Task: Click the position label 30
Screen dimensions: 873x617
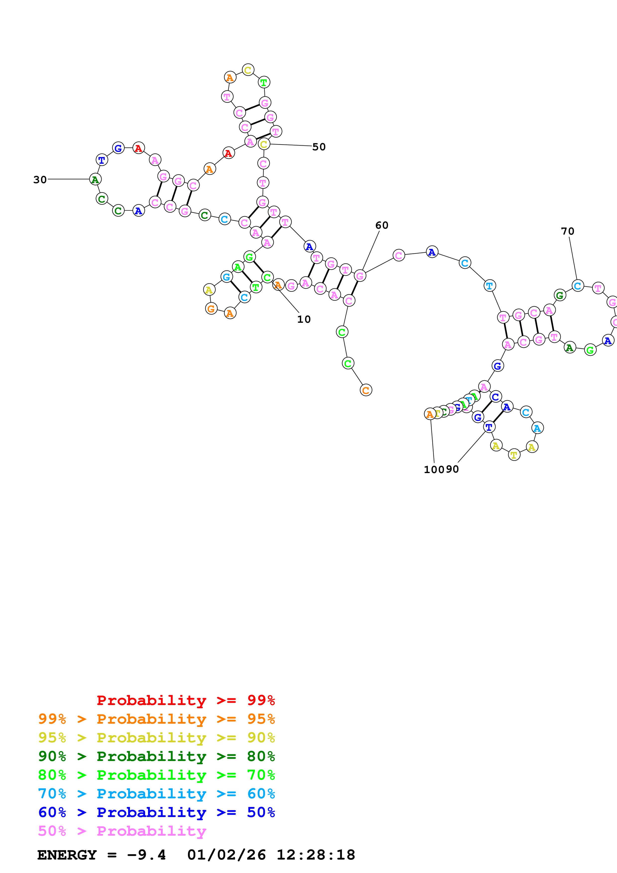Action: [x=40, y=180]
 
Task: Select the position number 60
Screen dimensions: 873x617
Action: [x=382, y=225]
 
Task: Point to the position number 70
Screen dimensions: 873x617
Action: [x=567, y=231]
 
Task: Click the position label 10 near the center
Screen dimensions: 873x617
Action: [x=304, y=319]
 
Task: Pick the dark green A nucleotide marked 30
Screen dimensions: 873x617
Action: [x=95, y=179]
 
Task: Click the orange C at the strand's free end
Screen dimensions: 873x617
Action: [x=366, y=390]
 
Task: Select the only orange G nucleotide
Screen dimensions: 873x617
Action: [x=211, y=309]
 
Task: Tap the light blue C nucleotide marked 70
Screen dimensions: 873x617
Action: [x=577, y=285]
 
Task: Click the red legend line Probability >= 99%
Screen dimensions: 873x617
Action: [x=185, y=700]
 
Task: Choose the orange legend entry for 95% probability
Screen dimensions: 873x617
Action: [x=156, y=719]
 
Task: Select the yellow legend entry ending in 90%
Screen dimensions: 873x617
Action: [x=156, y=738]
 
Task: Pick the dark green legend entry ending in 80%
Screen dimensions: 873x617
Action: [x=156, y=756]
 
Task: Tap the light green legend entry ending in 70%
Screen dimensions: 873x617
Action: [x=156, y=775]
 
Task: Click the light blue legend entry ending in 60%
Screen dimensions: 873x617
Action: [x=156, y=794]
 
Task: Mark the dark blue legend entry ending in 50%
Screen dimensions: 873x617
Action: [x=156, y=812]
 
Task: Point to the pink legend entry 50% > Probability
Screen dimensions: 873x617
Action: [x=122, y=831]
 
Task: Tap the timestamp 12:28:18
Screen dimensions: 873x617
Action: [x=316, y=855]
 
